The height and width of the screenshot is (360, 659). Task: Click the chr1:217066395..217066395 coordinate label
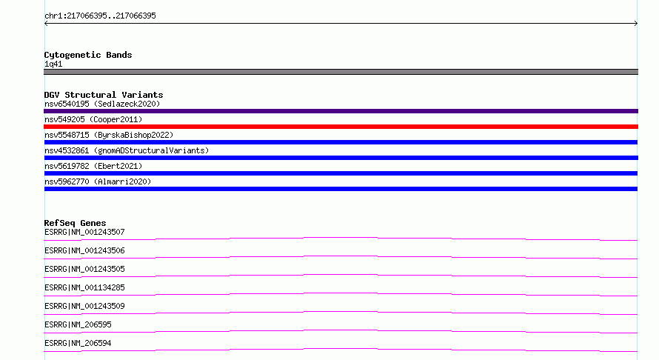[x=100, y=16]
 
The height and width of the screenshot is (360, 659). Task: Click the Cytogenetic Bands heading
[x=88, y=55]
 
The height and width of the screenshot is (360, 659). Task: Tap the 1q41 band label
[x=53, y=64]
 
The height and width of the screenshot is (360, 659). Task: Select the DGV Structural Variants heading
[x=104, y=95]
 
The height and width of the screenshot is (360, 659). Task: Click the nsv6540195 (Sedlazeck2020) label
[x=102, y=104]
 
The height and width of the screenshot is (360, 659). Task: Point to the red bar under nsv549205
[x=341, y=127]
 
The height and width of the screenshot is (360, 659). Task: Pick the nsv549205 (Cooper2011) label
[x=93, y=119]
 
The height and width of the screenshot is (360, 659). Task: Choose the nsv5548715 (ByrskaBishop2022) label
[x=109, y=135]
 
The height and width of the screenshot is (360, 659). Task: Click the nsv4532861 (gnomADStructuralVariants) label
[x=127, y=150]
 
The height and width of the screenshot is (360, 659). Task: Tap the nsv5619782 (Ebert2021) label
[x=93, y=166]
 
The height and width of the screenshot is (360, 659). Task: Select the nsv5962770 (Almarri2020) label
[x=98, y=181]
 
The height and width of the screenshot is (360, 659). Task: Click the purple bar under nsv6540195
[x=341, y=111]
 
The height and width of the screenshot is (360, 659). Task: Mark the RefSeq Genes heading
[x=76, y=223]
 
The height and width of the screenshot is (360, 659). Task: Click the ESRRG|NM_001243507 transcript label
[x=84, y=232]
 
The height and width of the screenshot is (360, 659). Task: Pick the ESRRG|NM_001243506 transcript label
[x=84, y=250]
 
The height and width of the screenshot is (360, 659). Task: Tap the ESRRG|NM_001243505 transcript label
[x=84, y=269]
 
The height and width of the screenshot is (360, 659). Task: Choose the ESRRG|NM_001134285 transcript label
[x=84, y=287]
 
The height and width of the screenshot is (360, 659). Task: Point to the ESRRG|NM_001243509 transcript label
[x=84, y=306]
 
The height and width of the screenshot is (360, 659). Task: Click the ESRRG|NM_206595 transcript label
[x=78, y=324]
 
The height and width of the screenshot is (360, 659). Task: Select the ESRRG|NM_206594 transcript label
[x=78, y=343]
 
